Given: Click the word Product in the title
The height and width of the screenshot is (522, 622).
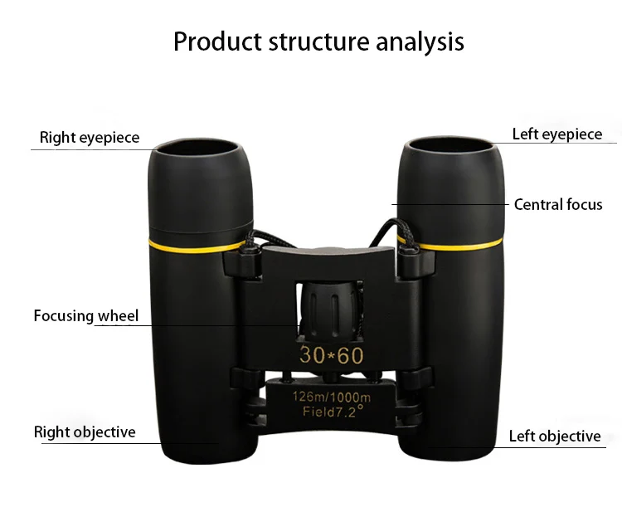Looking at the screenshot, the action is [217, 41].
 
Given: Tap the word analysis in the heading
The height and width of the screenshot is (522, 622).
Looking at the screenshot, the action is [420, 42].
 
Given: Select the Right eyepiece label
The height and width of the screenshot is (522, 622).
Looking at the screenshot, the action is [90, 138].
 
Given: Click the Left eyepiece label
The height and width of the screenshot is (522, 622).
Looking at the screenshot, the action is [557, 134].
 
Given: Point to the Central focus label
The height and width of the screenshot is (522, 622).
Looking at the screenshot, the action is [558, 204].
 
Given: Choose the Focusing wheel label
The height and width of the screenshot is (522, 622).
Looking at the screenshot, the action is [86, 316].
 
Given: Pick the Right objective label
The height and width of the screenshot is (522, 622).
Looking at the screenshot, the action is [85, 432].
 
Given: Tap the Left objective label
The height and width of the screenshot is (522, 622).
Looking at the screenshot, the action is [555, 436].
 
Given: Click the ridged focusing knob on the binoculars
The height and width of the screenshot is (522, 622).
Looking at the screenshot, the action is [328, 311].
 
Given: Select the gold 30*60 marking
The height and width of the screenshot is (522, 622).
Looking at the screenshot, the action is [331, 354].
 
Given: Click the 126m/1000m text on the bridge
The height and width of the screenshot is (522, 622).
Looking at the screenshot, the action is [331, 396].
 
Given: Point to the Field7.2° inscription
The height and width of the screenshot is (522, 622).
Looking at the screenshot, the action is [333, 412].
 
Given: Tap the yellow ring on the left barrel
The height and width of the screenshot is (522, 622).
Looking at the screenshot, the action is [197, 246].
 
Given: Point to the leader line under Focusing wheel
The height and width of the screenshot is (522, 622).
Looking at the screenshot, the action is [197, 326].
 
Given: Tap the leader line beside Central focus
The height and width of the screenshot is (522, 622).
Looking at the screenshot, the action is [450, 204].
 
